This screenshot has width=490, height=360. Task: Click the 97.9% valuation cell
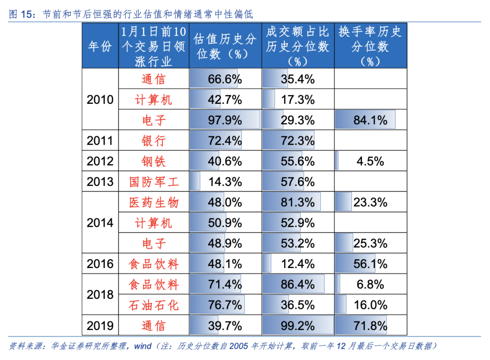click(x=225, y=120)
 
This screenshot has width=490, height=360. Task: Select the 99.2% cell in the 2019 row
click(x=297, y=326)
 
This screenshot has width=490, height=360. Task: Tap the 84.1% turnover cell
click(x=370, y=120)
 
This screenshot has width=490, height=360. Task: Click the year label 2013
click(x=100, y=182)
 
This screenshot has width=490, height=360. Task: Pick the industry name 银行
click(x=154, y=141)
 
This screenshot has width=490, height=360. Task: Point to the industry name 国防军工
click(x=154, y=182)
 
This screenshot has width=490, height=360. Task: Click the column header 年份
click(x=100, y=46)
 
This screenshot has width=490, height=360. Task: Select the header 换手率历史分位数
click(x=370, y=46)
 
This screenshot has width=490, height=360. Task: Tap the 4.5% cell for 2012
click(x=370, y=161)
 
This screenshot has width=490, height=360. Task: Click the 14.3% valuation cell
click(x=225, y=182)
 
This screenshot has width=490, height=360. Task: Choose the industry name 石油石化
click(x=154, y=305)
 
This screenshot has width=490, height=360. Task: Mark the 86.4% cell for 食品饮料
click(x=297, y=285)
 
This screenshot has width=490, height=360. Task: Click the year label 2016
click(x=100, y=264)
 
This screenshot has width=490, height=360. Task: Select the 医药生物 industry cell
click(x=154, y=202)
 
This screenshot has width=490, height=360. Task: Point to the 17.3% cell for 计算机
click(x=297, y=99)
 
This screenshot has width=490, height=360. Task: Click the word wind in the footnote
click(x=142, y=346)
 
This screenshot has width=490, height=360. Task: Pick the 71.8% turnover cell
click(x=370, y=326)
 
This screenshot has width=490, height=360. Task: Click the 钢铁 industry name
click(x=154, y=161)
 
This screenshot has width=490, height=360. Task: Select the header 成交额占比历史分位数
click(x=297, y=46)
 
